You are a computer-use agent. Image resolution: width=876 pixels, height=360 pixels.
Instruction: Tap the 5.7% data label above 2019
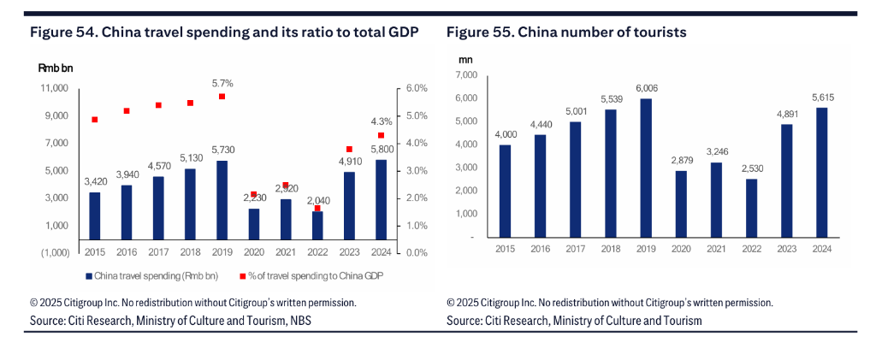222,84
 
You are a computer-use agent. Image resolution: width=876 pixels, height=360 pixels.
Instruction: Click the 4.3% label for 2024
381,121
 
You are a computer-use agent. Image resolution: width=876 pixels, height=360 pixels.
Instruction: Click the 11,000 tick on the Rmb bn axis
54,88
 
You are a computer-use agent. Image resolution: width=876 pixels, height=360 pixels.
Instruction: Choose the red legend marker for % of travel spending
243,275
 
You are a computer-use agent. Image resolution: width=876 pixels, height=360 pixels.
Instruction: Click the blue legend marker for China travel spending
88,275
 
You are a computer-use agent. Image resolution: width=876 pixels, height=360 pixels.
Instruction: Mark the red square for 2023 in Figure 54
349,150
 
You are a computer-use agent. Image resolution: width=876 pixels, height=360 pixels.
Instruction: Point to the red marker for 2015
95,120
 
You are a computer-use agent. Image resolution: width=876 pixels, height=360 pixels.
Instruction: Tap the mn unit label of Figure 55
465,59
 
